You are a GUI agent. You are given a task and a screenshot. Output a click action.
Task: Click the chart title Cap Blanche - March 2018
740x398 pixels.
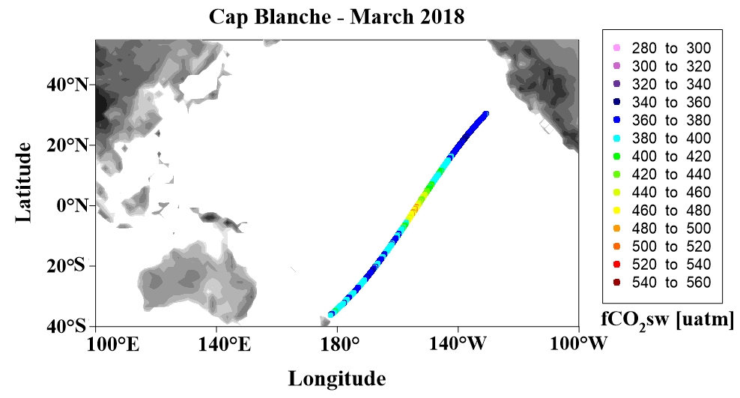[336, 17]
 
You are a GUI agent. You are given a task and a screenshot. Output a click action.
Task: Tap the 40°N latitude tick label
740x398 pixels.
[67, 85]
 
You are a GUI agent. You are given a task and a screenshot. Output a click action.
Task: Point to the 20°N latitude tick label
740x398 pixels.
[67, 145]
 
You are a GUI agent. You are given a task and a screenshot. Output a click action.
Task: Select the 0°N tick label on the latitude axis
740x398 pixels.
[72, 205]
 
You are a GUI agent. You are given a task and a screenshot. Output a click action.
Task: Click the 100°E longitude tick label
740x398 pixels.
[113, 344]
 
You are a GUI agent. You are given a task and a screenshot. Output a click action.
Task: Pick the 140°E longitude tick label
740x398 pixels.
[224, 344]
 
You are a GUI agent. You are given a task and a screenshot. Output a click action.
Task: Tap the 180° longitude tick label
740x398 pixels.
[336, 344]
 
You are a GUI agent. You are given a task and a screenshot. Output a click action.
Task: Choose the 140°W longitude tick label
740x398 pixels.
[458, 344]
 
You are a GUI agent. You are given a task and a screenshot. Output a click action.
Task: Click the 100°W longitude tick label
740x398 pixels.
[579, 344]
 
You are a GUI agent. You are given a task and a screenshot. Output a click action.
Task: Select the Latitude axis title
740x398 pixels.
[23, 182]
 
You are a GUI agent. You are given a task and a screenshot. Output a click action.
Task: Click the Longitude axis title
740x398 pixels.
[337, 379]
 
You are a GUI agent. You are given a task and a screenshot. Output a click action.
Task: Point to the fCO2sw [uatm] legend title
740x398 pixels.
[667, 320]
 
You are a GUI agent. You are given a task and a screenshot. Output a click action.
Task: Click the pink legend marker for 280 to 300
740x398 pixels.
[616, 48]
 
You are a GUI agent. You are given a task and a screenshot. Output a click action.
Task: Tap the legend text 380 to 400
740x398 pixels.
[671, 139]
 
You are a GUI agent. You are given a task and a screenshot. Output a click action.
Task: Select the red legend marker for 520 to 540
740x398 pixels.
[616, 264]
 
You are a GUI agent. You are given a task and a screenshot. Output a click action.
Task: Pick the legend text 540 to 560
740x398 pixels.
[671, 283]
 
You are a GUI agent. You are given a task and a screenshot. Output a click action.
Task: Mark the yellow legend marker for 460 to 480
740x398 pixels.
[616, 210]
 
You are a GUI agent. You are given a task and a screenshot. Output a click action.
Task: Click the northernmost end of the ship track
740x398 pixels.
[486, 113]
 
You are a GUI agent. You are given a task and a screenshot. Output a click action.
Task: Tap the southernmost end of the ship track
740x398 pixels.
[331, 315]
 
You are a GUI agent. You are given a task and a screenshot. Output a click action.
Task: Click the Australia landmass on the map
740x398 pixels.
[195, 281]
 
